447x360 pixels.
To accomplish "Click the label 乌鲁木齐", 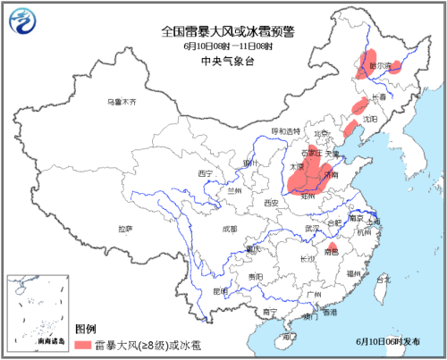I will (122, 103).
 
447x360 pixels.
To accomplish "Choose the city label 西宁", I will (206, 172).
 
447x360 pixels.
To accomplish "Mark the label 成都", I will (228, 230).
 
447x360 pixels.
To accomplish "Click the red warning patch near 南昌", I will (332, 247).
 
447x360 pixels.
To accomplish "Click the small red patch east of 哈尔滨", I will (397, 65).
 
